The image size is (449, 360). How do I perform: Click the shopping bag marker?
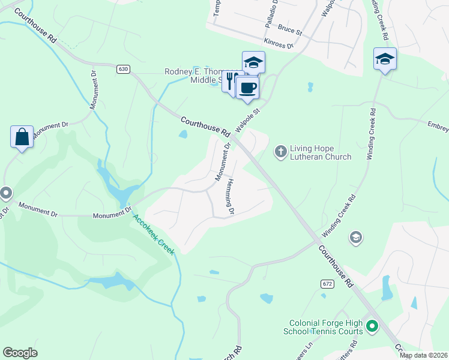click(x=22, y=137)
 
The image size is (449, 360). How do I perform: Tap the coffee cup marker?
click(x=247, y=88)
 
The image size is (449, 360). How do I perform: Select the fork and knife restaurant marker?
click(x=230, y=81)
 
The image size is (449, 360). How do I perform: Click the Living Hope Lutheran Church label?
click(x=321, y=152)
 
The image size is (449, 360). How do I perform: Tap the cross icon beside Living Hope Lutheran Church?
click(x=280, y=151)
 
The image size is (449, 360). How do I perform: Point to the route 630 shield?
click(x=123, y=69)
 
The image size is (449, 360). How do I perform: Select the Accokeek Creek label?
click(x=154, y=235)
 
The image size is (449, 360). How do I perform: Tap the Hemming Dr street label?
click(x=230, y=197)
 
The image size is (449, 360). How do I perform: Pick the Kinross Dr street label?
click(x=279, y=43)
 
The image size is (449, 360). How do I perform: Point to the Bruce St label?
click(x=289, y=29)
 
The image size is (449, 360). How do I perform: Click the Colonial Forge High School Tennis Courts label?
click(x=326, y=326)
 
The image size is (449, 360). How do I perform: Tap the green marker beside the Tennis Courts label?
click(x=372, y=327)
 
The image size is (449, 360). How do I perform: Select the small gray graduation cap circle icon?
click(x=356, y=238)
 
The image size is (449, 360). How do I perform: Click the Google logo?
click(x=20, y=353)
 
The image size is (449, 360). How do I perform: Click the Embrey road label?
click(x=438, y=125)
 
